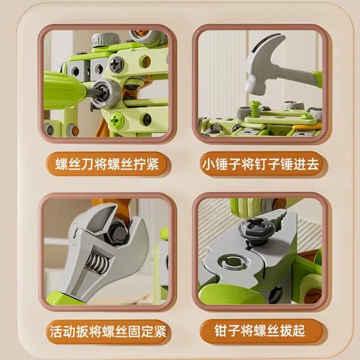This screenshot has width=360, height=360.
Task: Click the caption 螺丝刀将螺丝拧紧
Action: point(107,164)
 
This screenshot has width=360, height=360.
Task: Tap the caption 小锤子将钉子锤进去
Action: point(260,164)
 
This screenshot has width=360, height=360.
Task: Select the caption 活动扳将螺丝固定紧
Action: point(108,331)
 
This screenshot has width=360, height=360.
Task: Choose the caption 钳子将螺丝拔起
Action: point(260,331)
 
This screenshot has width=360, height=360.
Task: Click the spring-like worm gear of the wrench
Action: point(96,261)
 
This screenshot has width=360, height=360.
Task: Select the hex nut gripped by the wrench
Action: point(118,231)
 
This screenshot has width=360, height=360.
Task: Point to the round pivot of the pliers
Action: point(233,262)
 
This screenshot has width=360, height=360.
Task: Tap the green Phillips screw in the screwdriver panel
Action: point(116,120)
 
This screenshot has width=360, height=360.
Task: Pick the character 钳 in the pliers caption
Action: point(221,331)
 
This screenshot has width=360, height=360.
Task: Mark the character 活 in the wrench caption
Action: point(56,331)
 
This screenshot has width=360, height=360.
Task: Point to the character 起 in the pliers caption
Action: point(299,331)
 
